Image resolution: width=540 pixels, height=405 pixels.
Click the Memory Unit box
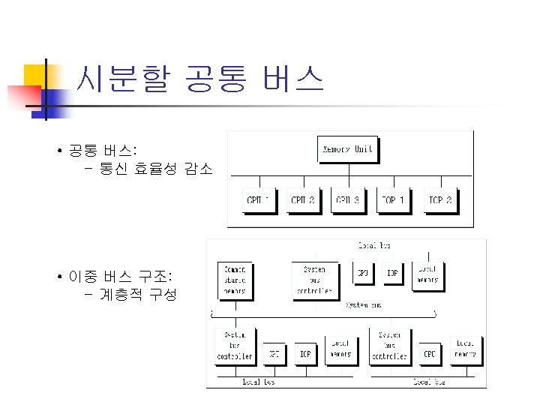coord(347,149)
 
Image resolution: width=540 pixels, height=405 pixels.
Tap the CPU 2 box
coord(302,200)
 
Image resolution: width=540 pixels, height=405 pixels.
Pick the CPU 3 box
coord(347,200)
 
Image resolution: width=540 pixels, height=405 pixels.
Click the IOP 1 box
coord(393,200)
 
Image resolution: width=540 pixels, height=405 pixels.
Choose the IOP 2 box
coord(439,200)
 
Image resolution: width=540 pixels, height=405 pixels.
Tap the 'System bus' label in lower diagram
coord(364,305)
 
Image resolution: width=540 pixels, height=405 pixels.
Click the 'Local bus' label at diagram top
coord(374,245)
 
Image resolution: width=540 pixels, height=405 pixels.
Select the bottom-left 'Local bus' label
coord(257,382)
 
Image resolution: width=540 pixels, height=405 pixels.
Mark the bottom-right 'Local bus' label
coord(428,382)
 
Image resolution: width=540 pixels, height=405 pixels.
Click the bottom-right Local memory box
coord(465,349)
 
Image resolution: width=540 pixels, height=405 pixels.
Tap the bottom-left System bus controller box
coord(234,345)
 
